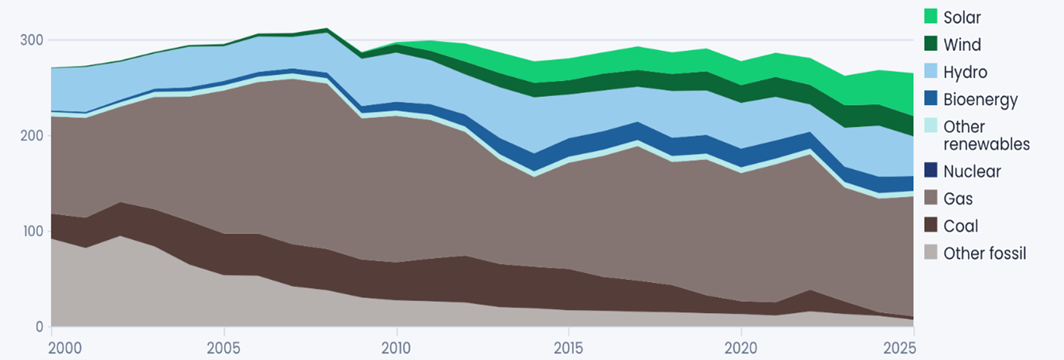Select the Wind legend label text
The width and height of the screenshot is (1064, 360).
[962, 45]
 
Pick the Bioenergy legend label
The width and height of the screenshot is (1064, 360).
[981, 100]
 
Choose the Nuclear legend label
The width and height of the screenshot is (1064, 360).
[972, 171]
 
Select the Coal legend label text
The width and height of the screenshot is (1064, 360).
[961, 226]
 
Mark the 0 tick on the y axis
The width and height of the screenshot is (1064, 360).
[37, 327]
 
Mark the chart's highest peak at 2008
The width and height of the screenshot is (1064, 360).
[327, 29]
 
